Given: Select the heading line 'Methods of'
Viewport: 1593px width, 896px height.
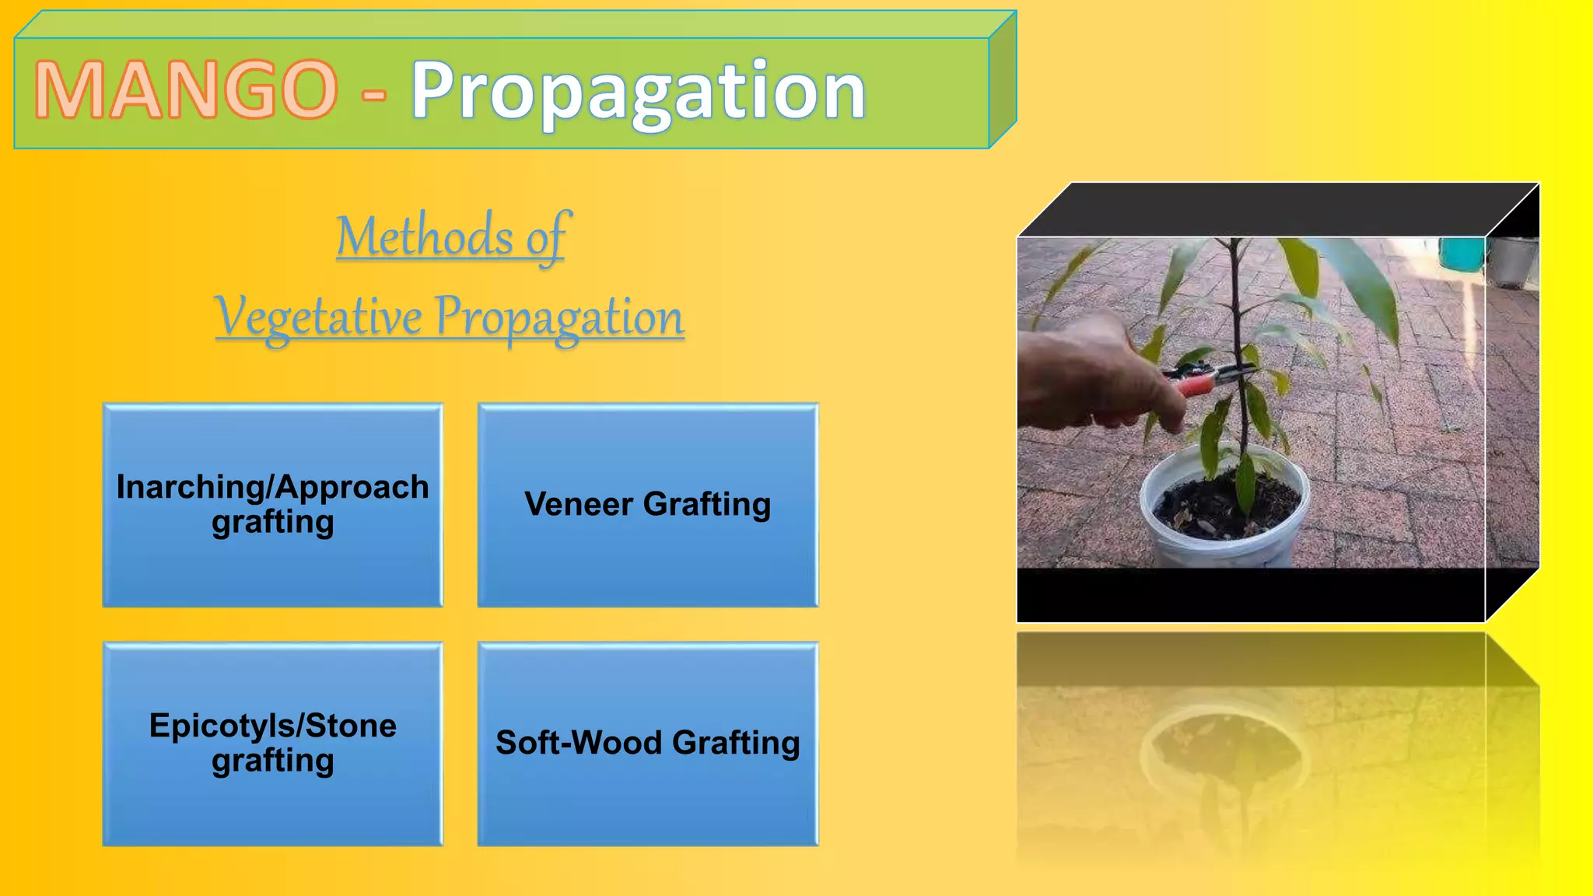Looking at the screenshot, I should point(453,236).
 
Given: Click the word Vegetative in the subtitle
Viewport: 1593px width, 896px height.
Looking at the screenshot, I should point(319,317).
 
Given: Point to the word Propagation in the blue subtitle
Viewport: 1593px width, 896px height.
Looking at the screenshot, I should point(558,317).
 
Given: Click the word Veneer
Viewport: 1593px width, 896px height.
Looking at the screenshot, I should point(579,504).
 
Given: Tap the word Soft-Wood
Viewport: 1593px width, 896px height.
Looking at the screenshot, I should point(579,743).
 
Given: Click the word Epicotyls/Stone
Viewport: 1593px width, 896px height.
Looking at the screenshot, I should point(272,726).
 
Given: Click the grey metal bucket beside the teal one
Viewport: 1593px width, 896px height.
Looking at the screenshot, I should point(1513,261).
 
